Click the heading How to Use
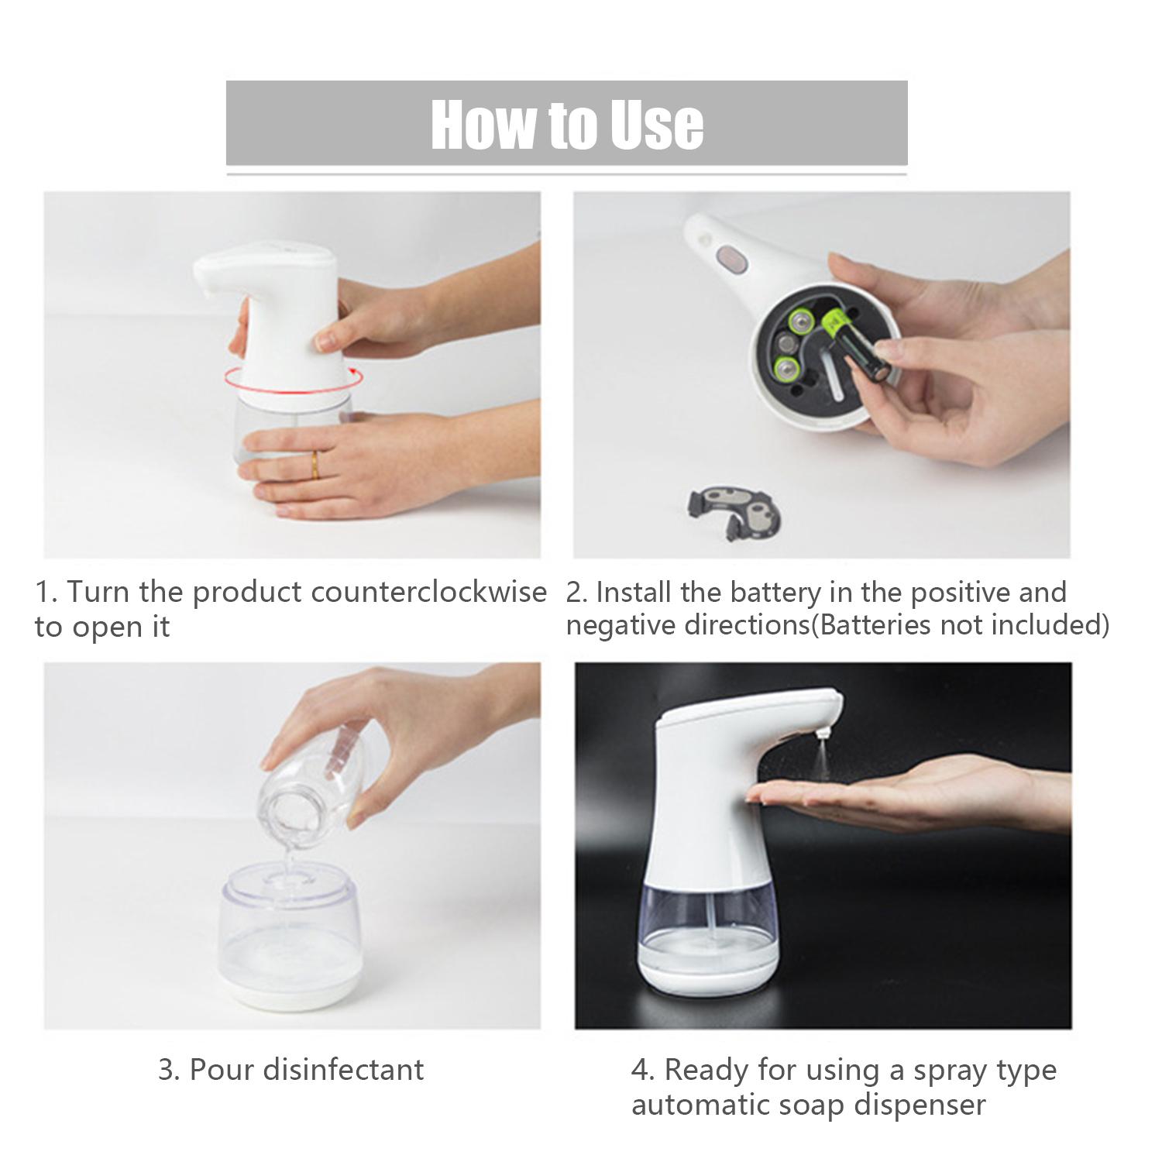point(567,123)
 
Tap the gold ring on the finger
point(314,464)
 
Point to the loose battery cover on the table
point(734,511)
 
